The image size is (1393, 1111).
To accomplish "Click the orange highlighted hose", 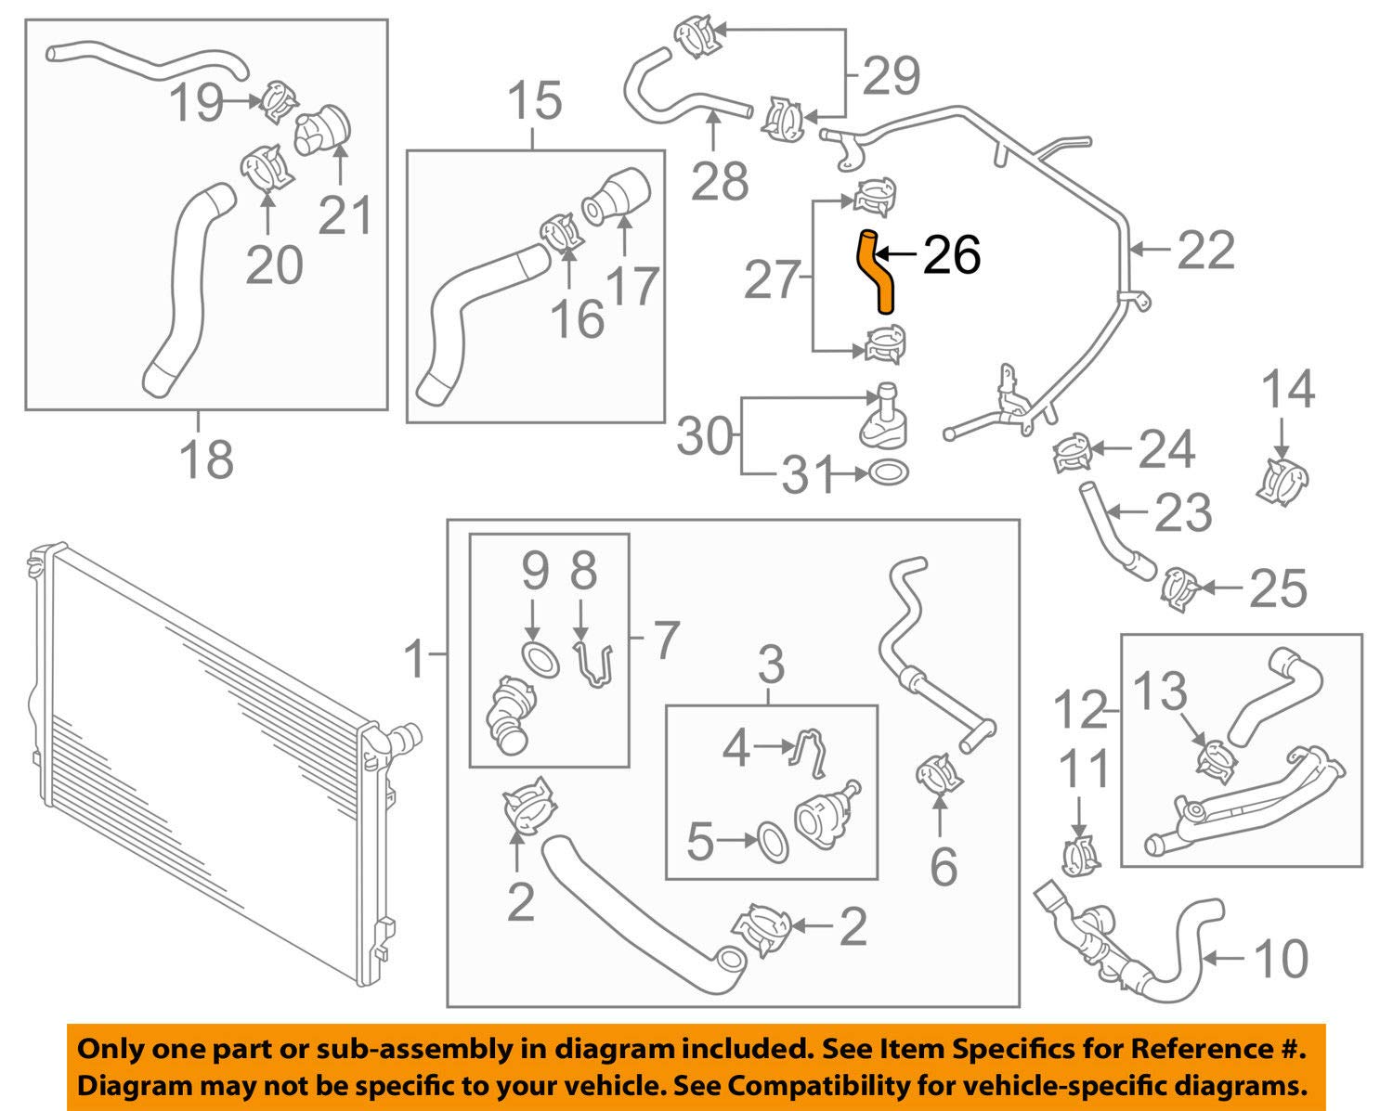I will [x=876, y=272].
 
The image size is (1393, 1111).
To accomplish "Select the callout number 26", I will [x=951, y=254].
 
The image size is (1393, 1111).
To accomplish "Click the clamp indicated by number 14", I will [x=1287, y=479].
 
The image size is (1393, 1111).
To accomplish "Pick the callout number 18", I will [x=206, y=459].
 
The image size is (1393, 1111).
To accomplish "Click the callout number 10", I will [x=1282, y=959].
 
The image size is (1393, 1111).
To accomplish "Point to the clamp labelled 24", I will [x=1074, y=452].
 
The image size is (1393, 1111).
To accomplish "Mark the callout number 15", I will [x=535, y=101].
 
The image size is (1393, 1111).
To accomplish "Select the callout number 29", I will [x=891, y=76].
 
